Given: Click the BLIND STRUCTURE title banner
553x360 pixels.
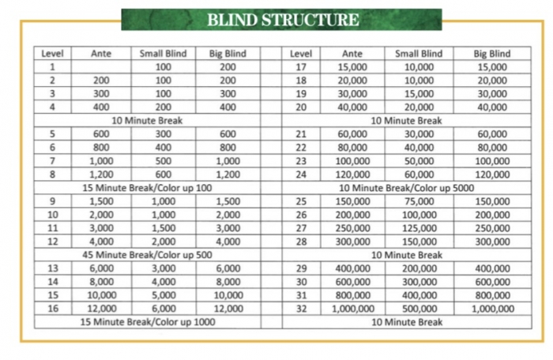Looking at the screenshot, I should click(x=282, y=20).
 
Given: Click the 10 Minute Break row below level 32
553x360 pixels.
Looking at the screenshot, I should click(x=406, y=321).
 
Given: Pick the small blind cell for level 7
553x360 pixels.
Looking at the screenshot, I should click(x=163, y=161).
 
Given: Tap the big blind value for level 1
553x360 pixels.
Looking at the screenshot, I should click(x=228, y=67).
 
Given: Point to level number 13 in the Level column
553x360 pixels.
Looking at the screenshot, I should click(x=52, y=268).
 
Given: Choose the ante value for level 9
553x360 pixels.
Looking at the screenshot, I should click(x=101, y=201).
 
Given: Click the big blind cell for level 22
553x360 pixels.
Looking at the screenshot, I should click(x=491, y=148).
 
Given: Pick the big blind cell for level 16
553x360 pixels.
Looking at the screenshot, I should click(x=228, y=309).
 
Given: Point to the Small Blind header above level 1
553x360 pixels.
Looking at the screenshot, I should click(x=163, y=54).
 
